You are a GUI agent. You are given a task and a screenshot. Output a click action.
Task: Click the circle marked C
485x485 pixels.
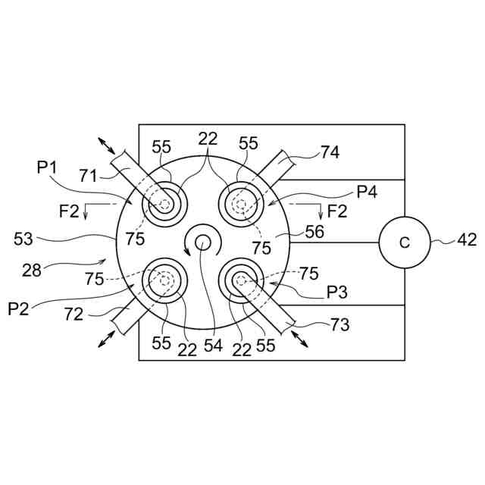tap(404, 243)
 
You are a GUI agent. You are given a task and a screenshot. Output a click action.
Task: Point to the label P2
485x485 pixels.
tap(19, 308)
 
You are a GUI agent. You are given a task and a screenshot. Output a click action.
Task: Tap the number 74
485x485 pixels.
tap(329, 152)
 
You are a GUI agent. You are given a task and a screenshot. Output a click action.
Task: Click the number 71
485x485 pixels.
tap(89, 177)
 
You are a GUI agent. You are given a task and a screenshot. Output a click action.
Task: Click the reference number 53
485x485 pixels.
tap(25, 239)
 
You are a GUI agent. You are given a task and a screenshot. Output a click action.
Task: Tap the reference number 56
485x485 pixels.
tap(314, 233)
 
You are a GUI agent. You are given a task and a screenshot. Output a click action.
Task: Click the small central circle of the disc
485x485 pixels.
tap(203, 242)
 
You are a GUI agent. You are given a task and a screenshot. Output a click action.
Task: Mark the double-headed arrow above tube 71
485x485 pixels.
tap(105, 146)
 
